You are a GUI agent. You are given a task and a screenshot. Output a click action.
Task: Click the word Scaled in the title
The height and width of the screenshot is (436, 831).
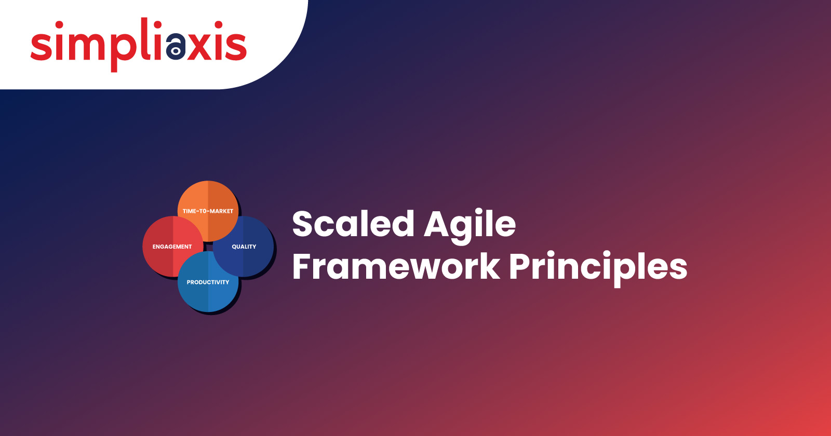(x=353, y=224)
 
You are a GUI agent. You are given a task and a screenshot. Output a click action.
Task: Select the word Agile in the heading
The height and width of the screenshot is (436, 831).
(x=470, y=227)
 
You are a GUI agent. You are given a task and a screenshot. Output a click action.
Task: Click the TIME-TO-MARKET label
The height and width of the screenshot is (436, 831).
(x=208, y=211)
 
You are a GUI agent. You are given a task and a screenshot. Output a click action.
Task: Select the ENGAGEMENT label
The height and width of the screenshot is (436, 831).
(x=172, y=247)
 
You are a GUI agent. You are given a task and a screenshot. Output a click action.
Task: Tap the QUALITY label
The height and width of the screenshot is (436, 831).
(x=244, y=247)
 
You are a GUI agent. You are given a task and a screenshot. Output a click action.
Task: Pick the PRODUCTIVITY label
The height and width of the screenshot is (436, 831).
(x=208, y=282)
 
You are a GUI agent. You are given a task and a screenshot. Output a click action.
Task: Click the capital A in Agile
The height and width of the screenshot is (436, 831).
(x=438, y=224)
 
